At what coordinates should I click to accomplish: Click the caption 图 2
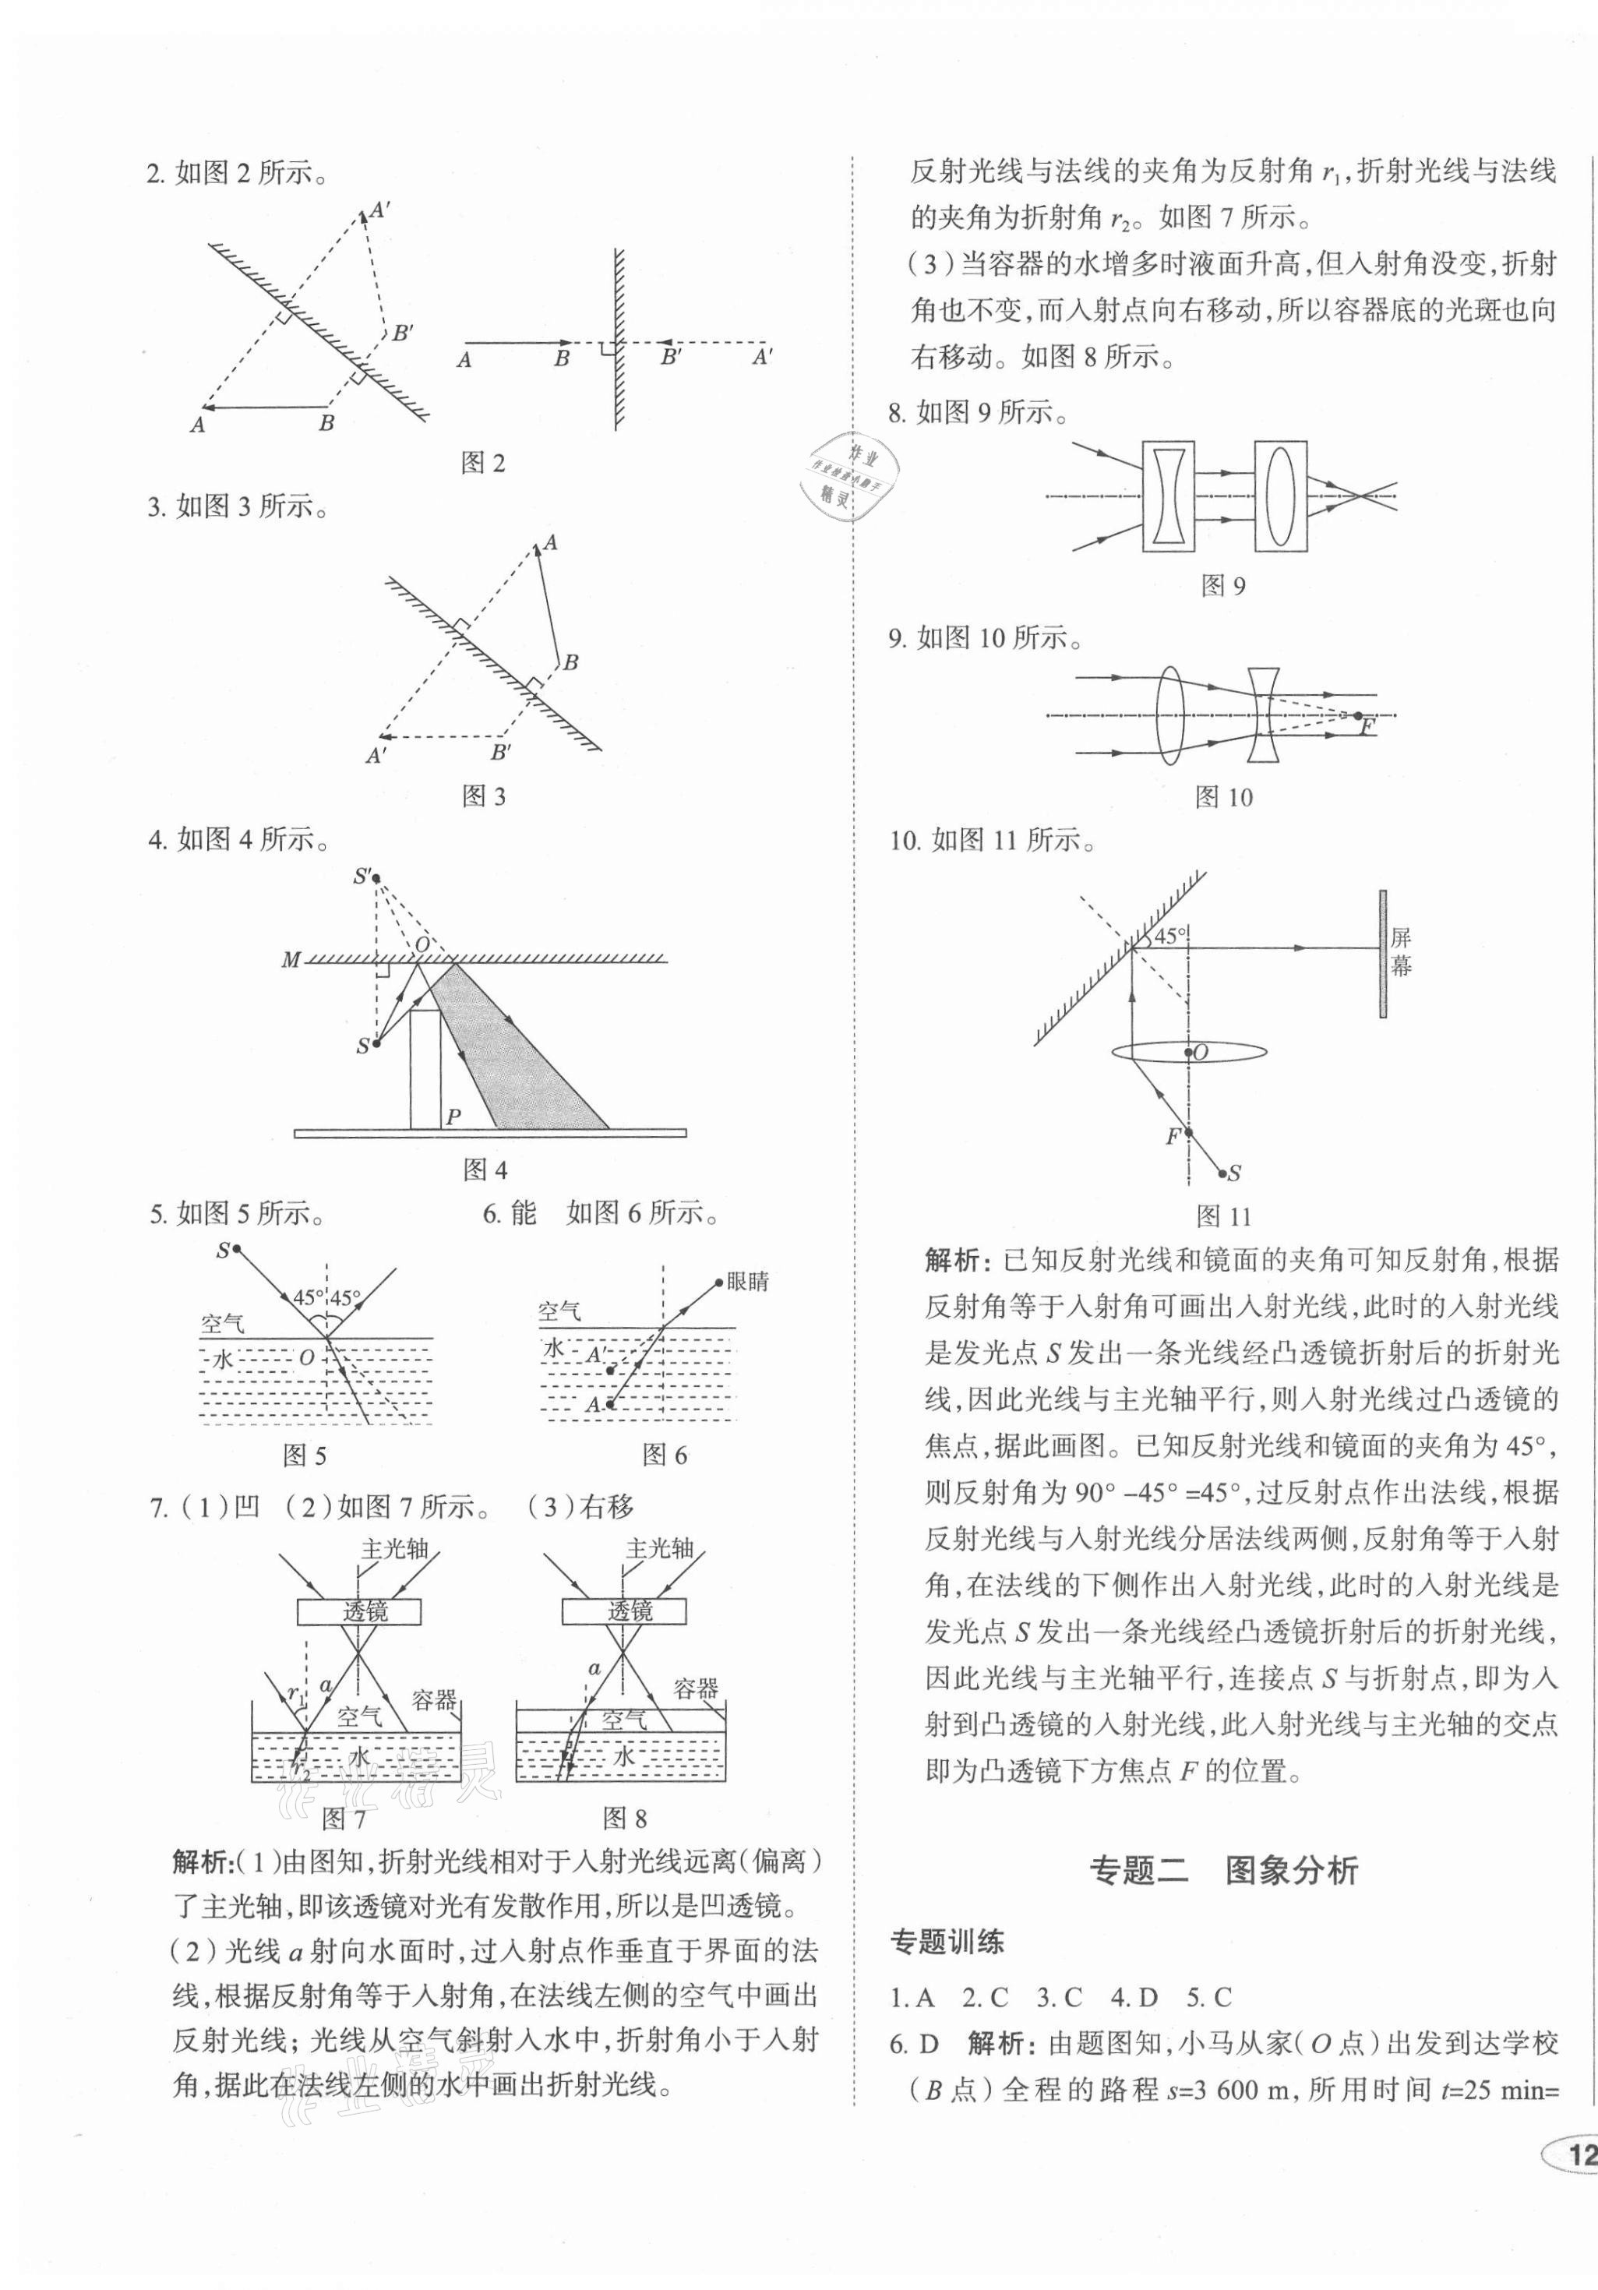point(484,463)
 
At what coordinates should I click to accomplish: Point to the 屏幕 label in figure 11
point(1401,951)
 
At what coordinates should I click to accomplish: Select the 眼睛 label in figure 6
point(748,1282)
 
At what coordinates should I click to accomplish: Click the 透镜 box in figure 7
point(358,1611)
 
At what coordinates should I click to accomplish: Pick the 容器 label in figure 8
point(695,1688)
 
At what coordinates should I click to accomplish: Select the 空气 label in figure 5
point(221,1325)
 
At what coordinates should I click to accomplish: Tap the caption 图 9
point(1223,585)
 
